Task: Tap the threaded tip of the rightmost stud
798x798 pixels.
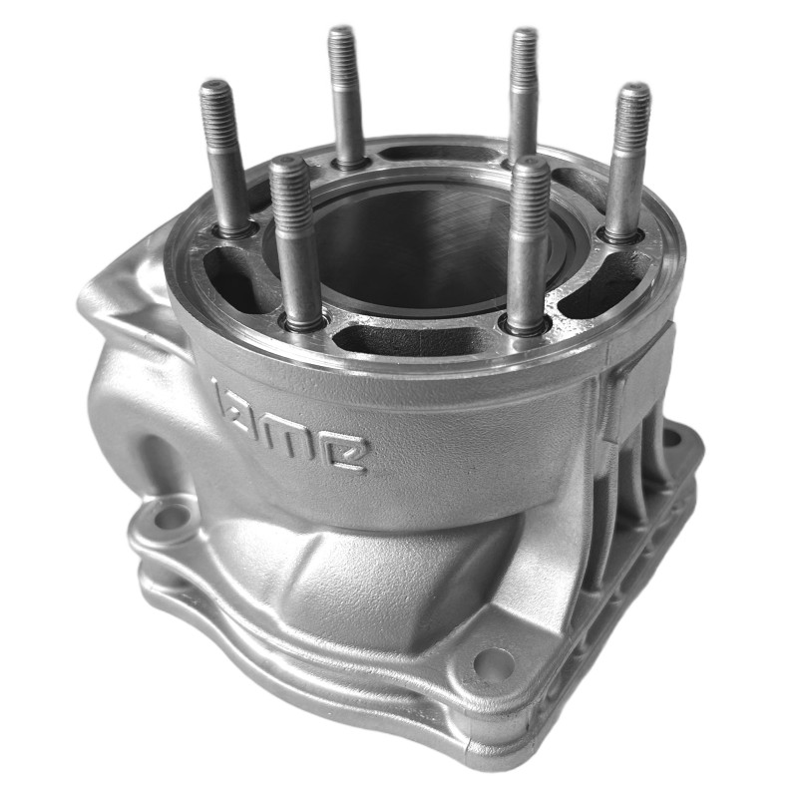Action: tap(632, 111)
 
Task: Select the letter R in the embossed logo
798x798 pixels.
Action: tap(350, 452)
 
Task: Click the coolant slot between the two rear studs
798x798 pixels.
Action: tap(429, 156)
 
